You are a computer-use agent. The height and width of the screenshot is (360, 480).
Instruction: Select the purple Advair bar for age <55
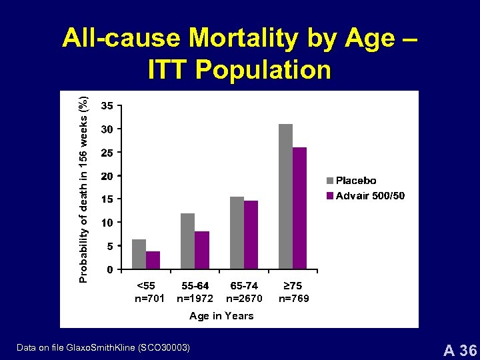tap(153, 260)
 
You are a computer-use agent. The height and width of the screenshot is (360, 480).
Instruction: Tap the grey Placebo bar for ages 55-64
tap(187, 241)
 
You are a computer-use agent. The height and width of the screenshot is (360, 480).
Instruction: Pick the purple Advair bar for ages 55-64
tap(202, 250)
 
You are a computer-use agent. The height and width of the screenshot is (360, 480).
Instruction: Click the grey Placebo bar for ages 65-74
tap(237, 233)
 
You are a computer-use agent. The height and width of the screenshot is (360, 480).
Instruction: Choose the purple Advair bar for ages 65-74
tap(251, 235)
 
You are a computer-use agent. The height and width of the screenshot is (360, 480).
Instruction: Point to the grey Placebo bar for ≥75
tap(285, 196)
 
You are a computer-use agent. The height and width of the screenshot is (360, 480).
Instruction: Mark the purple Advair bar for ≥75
tap(300, 208)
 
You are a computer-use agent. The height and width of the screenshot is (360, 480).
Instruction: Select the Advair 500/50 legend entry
tap(365, 195)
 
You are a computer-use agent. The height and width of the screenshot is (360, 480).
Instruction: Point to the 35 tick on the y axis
tap(107, 105)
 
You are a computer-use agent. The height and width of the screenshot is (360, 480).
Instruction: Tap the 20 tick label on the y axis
tap(107, 176)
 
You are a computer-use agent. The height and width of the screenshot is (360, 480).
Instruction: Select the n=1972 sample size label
tap(195, 299)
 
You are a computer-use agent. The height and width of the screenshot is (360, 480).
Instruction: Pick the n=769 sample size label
tap(293, 299)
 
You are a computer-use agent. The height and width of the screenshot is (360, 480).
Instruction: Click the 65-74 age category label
tap(244, 286)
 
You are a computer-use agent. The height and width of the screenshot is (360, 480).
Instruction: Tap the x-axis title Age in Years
tap(221, 316)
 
